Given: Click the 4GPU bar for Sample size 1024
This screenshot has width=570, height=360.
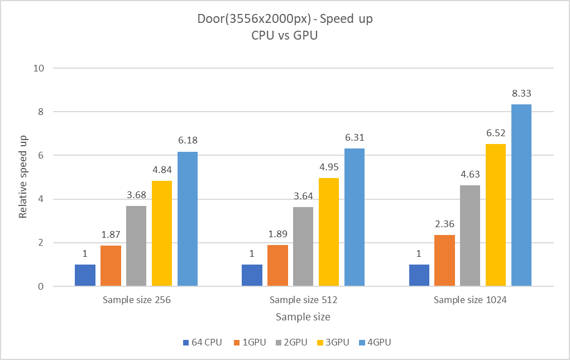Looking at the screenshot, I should (521, 195).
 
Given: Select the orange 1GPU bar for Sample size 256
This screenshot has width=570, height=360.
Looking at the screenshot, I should (111, 266).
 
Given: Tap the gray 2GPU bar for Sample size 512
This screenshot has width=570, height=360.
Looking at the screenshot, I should (304, 247).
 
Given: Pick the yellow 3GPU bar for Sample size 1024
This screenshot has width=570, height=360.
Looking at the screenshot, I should (496, 215).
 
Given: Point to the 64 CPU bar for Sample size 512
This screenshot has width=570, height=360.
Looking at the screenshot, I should (252, 275).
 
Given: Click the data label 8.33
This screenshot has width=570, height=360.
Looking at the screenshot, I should (521, 93).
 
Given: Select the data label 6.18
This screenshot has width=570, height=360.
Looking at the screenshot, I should (188, 141).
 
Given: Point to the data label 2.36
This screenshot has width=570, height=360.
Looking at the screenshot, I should (444, 224).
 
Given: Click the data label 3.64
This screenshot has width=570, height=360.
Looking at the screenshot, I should (304, 196).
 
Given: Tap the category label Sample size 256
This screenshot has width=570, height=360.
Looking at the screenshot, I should (136, 300).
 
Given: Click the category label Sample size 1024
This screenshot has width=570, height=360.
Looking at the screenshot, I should (470, 300).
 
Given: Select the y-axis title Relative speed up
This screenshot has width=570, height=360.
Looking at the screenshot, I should (23, 177).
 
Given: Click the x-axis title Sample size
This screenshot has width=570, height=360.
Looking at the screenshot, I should (303, 317).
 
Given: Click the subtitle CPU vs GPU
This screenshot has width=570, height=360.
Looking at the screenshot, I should (285, 36).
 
